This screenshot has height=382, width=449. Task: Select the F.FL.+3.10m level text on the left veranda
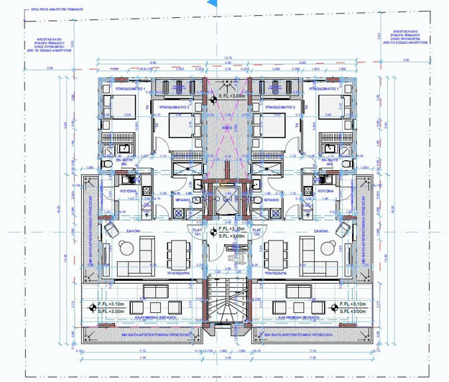[114, 304]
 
